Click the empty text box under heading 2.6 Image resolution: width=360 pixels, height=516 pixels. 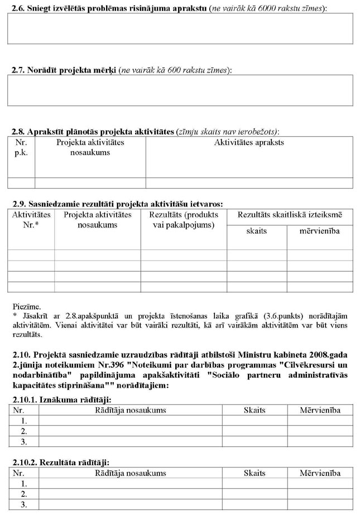tap(180, 28)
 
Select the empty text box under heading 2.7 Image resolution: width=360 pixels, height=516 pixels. tap(180, 90)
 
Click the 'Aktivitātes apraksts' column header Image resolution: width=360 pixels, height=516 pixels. tap(249, 142)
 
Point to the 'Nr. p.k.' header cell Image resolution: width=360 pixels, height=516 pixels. tap(21, 147)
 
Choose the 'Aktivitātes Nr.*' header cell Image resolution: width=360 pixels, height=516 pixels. tap(31, 219)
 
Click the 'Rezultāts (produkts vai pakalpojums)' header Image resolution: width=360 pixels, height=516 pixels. tap(184, 219)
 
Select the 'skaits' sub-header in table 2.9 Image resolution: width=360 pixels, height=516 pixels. tap(256, 230)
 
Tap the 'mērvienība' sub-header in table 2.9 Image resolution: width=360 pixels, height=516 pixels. tap(320, 230)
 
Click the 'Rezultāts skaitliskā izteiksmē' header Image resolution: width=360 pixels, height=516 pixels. tap(290, 214)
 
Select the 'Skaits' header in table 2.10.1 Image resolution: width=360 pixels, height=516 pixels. tap(255, 410)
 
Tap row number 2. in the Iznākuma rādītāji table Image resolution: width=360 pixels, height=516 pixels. tap(23, 431)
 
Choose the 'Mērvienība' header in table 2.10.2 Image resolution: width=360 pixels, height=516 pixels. tap(320, 473)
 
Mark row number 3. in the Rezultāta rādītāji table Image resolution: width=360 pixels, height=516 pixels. tap(23, 504)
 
